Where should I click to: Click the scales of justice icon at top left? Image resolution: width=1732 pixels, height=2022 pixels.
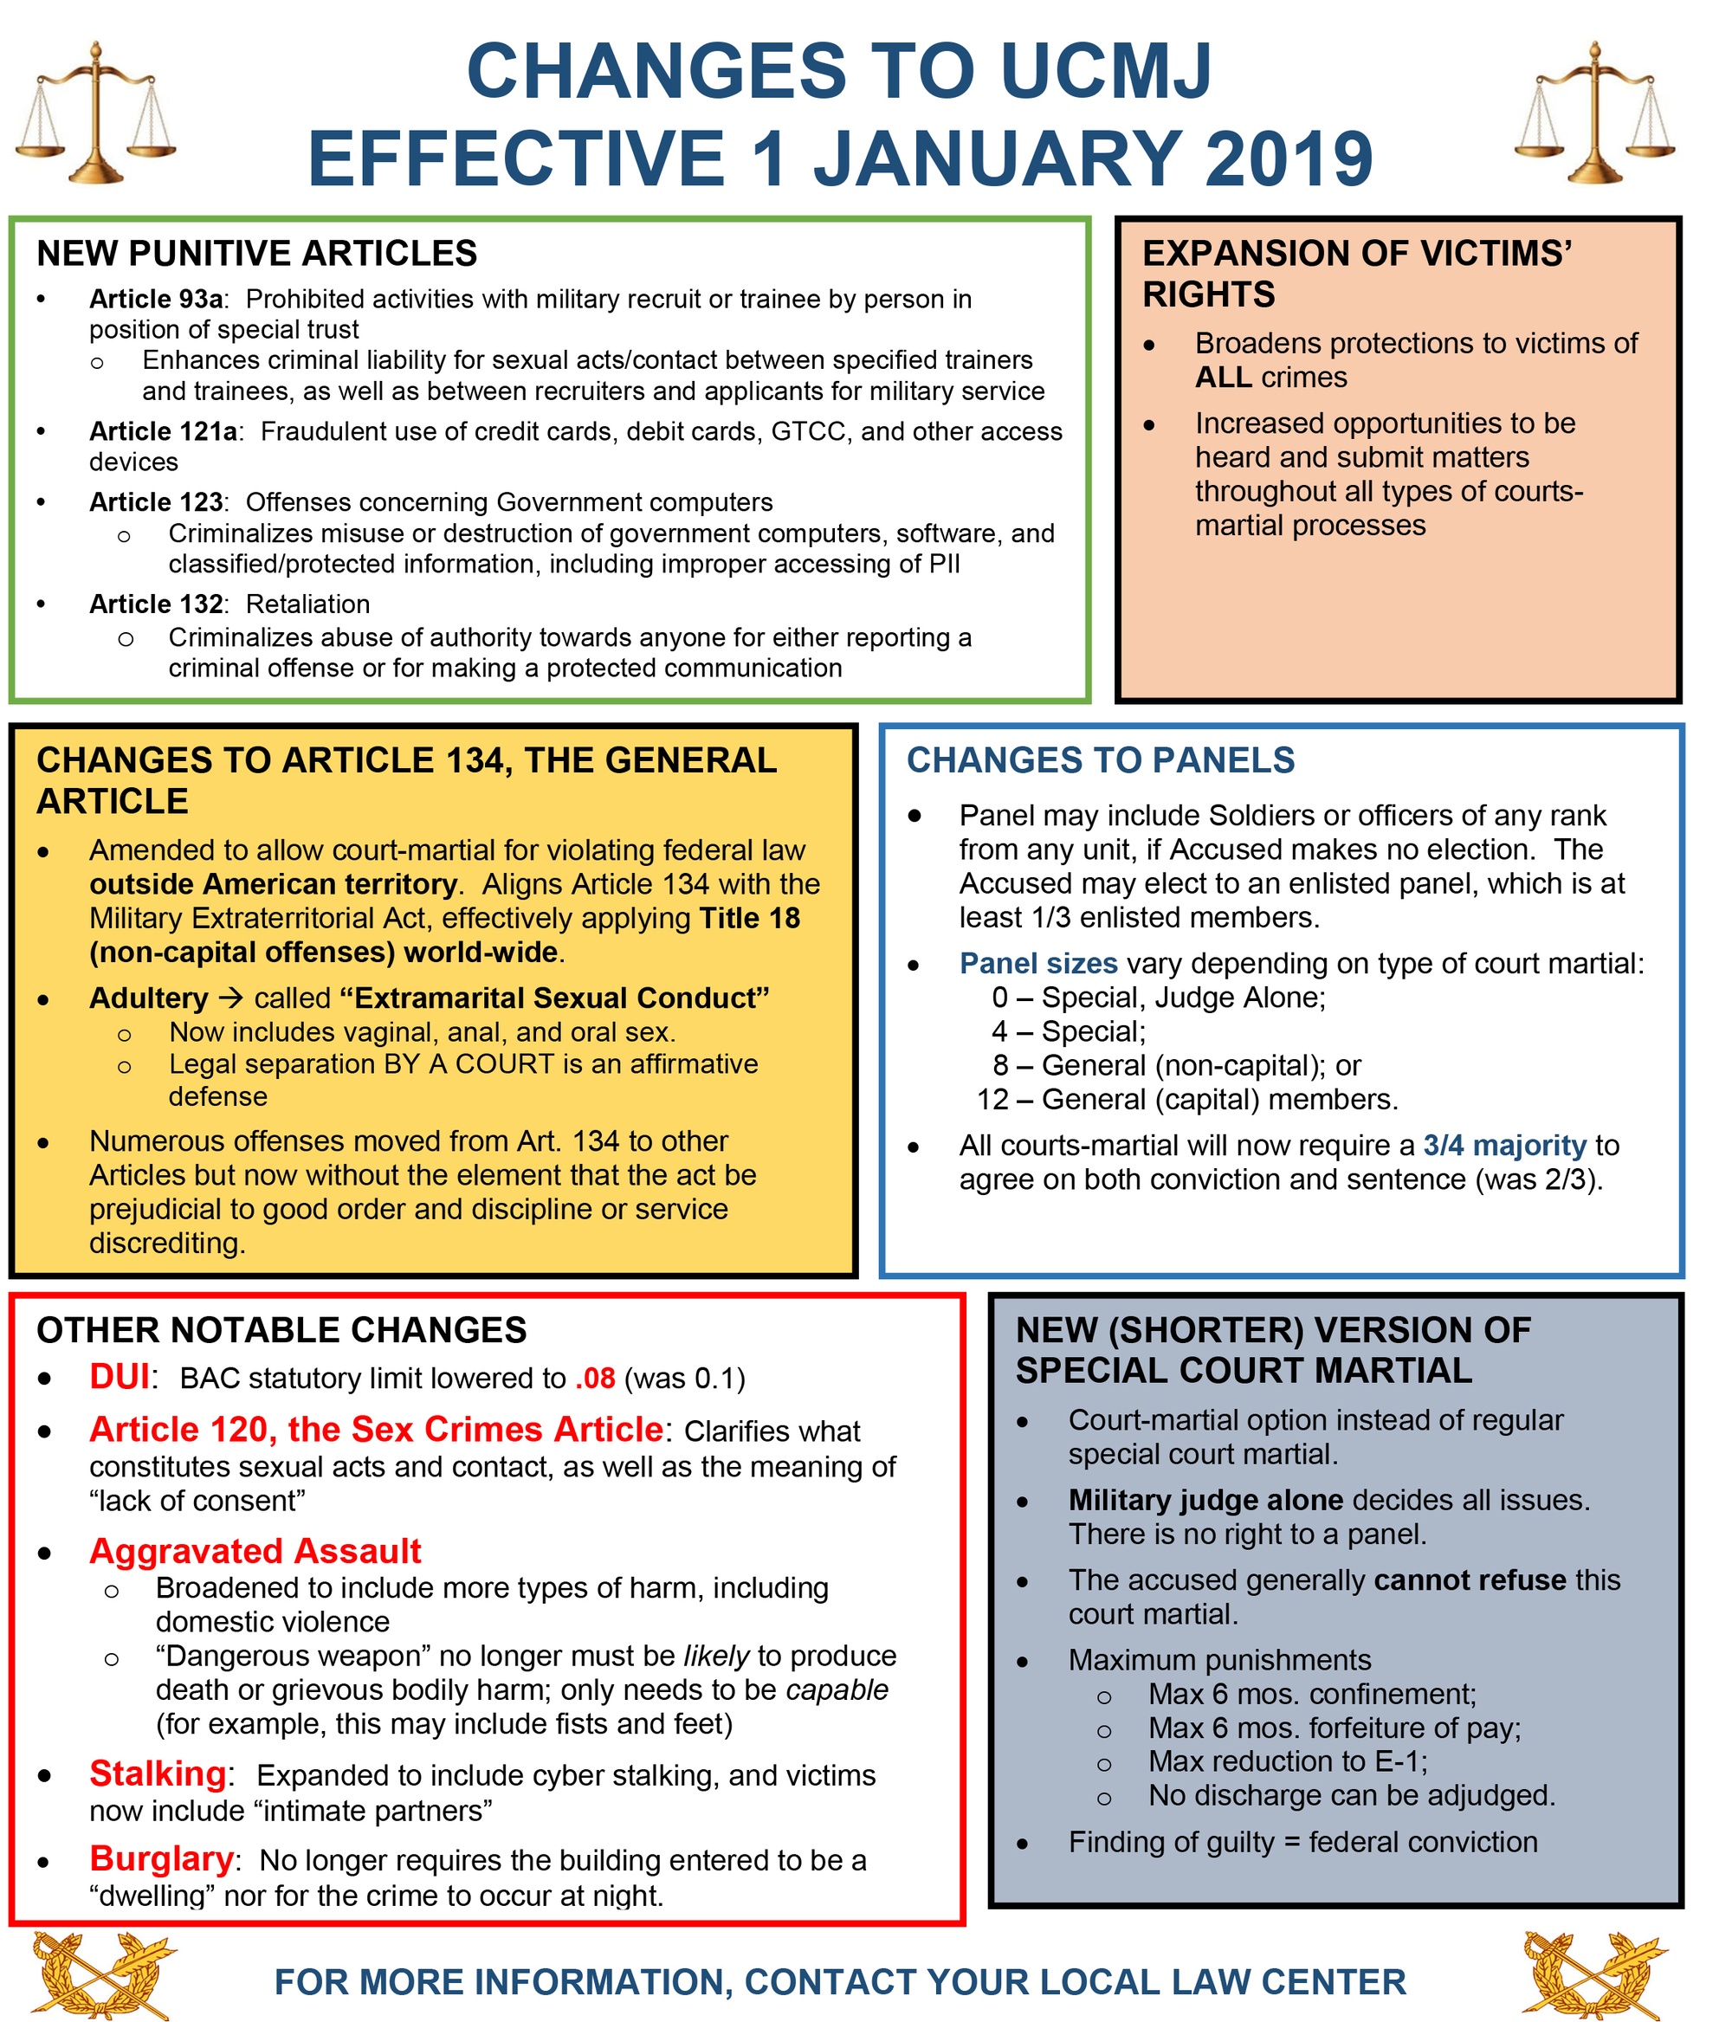click(x=94, y=113)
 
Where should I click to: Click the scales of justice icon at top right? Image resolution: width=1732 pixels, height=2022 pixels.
click(x=1594, y=113)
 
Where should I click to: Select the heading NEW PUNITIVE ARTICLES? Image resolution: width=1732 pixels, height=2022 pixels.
click(x=256, y=254)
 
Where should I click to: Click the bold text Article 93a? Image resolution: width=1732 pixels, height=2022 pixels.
click(x=156, y=299)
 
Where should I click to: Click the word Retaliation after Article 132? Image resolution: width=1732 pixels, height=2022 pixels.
click(x=307, y=604)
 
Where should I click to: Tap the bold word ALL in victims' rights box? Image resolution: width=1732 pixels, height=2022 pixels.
click(x=1223, y=378)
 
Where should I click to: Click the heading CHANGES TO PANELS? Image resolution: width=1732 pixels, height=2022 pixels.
click(x=1100, y=760)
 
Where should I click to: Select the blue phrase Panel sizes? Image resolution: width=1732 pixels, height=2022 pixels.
click(x=1037, y=963)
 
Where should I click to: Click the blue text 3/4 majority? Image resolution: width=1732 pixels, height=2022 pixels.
click(x=1504, y=1145)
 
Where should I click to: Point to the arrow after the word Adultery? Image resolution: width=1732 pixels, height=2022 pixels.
click(x=230, y=998)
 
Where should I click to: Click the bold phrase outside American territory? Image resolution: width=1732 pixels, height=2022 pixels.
click(x=273, y=884)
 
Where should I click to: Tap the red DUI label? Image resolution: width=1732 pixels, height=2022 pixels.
click(x=119, y=1377)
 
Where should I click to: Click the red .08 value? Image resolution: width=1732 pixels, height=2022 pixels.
click(x=594, y=1378)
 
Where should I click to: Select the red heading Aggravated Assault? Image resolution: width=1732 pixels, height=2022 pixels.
click(x=255, y=1551)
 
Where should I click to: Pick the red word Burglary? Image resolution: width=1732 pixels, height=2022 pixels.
click(x=161, y=1859)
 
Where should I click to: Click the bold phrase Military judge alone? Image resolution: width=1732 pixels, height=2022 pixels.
click(x=1205, y=1500)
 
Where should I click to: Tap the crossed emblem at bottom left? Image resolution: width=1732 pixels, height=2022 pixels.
click(x=105, y=1974)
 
